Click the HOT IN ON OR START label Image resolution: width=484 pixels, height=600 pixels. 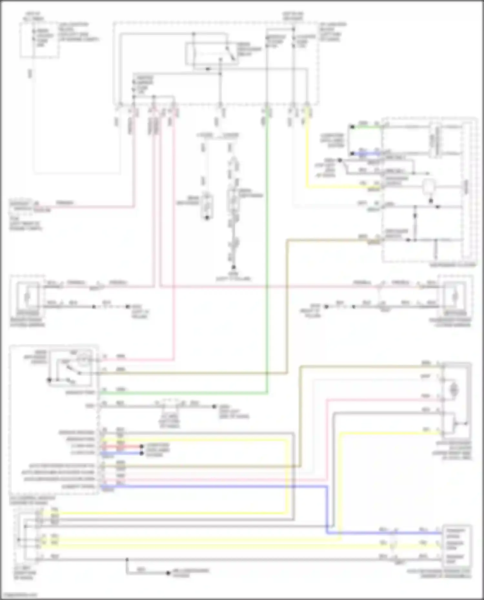click(x=293, y=16)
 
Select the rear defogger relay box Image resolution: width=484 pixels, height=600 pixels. click(x=207, y=53)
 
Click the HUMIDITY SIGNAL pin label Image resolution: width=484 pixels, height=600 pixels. click(x=79, y=486)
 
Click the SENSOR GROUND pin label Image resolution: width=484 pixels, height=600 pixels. click(x=77, y=432)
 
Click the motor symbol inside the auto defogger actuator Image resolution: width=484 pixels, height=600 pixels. click(x=454, y=390)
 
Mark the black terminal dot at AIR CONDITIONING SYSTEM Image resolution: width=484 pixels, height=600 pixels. click(x=168, y=573)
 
